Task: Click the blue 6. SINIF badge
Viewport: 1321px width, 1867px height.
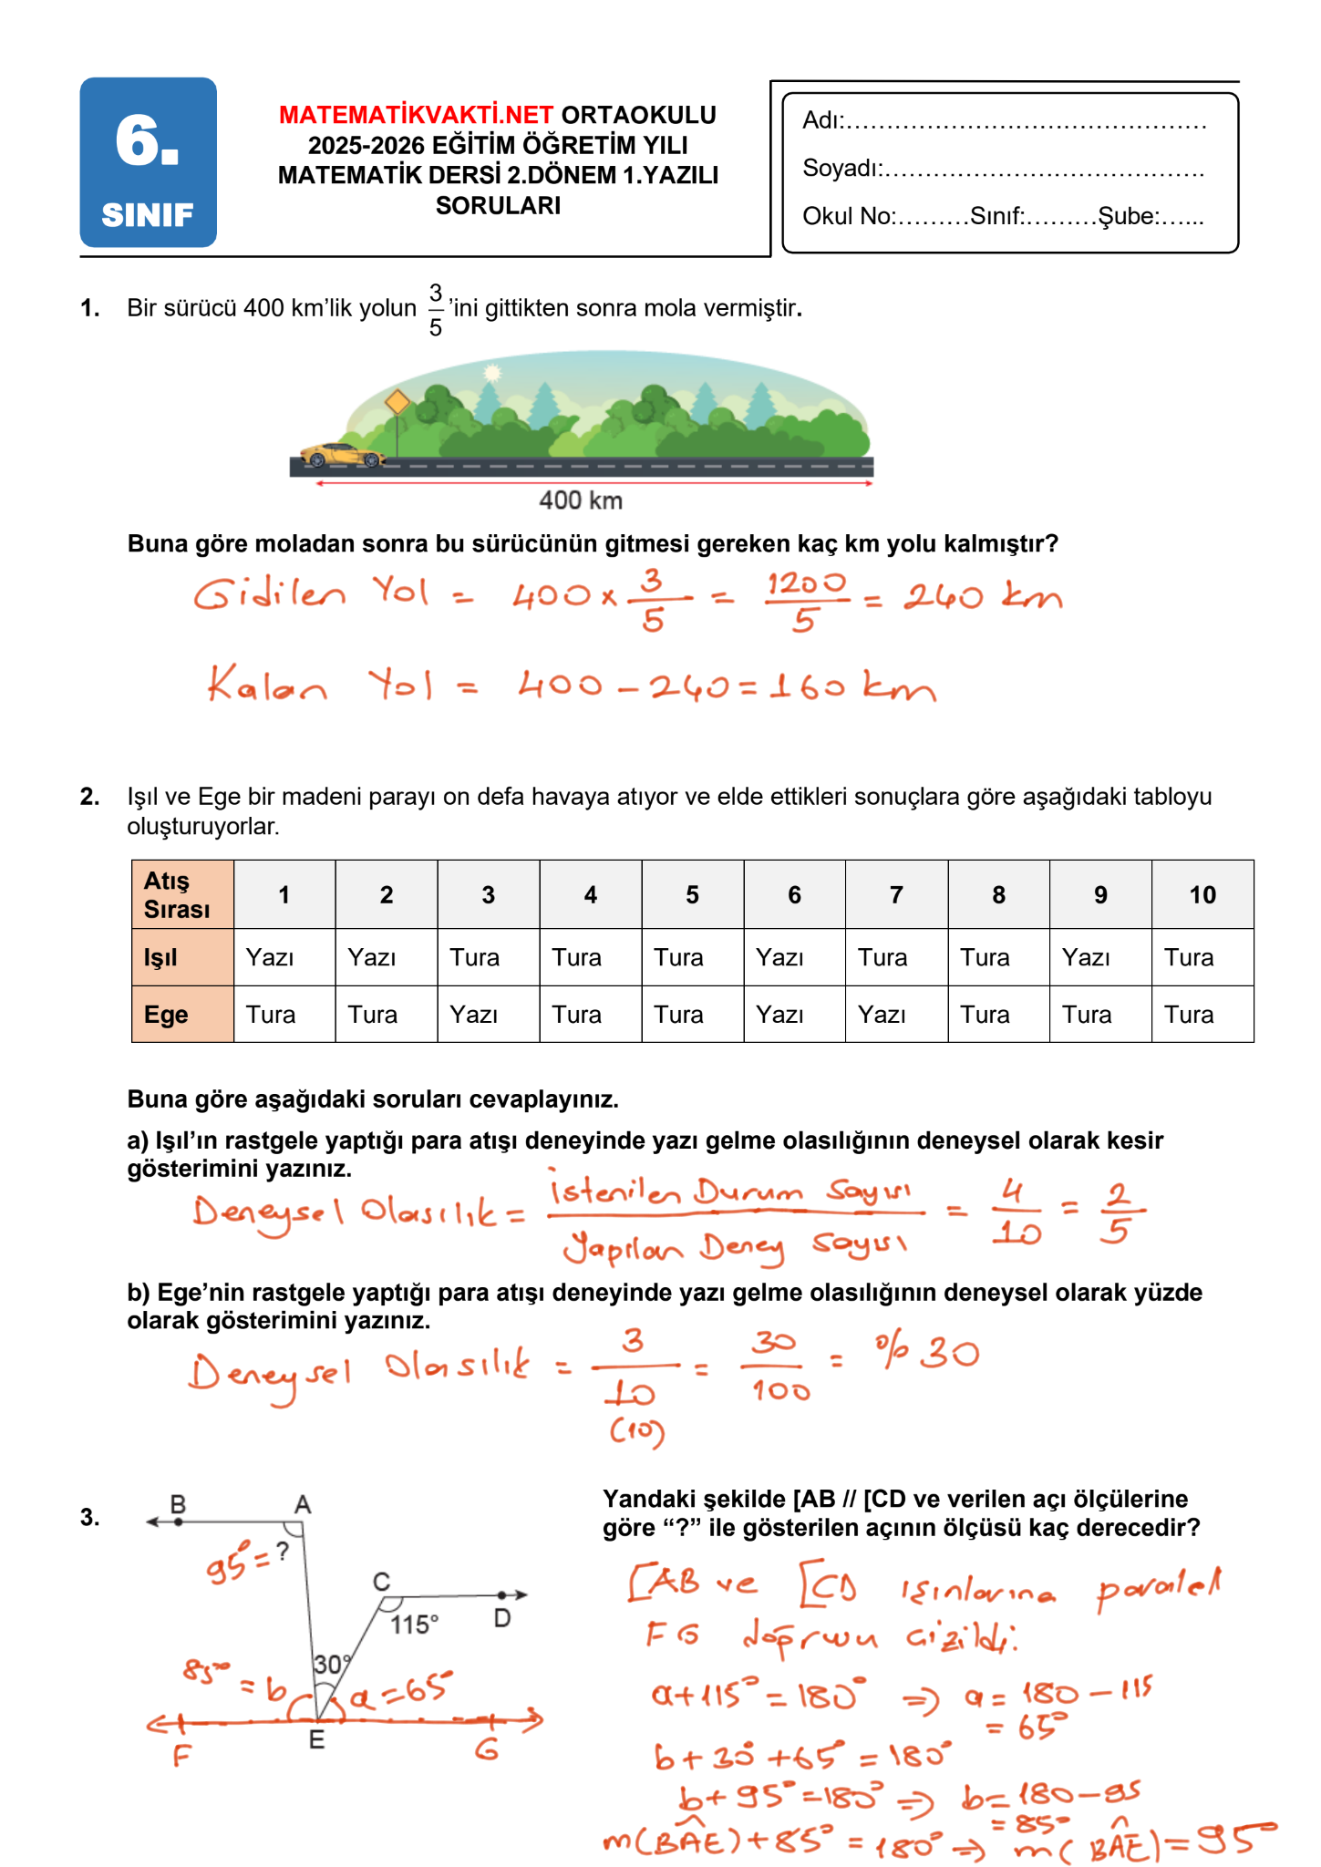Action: tap(148, 162)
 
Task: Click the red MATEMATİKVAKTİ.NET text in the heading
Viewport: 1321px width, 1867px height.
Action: tap(416, 116)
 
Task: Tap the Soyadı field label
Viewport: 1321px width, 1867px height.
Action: tap(841, 169)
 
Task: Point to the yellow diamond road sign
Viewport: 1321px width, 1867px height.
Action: tap(397, 402)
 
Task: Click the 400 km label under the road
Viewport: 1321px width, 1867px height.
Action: tap(580, 500)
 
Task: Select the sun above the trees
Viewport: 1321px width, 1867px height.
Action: tap(492, 372)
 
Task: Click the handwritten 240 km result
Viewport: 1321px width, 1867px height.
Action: tap(982, 597)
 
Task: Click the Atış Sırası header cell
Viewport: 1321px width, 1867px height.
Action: tap(182, 894)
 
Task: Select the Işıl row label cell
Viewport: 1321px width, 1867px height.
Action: tap(182, 957)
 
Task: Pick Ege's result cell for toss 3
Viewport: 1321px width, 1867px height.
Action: tap(488, 1015)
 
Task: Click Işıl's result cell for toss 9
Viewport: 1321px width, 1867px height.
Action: tap(1099, 957)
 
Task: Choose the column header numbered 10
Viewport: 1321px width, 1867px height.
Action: tap(1202, 894)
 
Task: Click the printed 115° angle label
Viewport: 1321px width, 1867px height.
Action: tap(414, 1625)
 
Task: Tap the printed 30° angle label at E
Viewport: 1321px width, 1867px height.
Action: tap(331, 1665)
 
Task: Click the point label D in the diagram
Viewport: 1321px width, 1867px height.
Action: tap(502, 1618)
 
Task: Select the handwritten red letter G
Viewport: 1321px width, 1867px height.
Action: tap(487, 1749)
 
